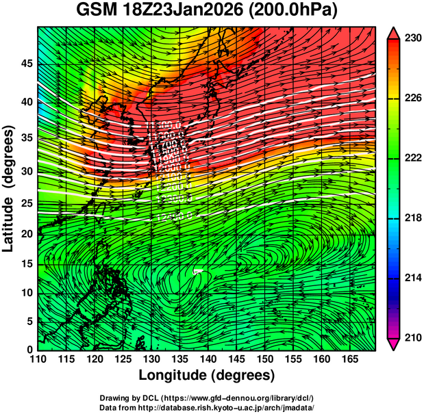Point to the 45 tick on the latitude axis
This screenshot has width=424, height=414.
(25, 64)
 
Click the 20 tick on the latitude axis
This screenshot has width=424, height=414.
(25, 234)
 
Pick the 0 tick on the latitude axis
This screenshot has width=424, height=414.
(29, 349)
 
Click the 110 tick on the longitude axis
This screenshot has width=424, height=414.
(38, 359)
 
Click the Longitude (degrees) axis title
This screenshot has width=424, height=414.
(207, 376)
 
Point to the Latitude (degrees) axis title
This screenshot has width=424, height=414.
(9, 189)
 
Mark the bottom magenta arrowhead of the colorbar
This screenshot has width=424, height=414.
(393, 344)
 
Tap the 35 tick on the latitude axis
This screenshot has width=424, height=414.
(25, 137)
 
